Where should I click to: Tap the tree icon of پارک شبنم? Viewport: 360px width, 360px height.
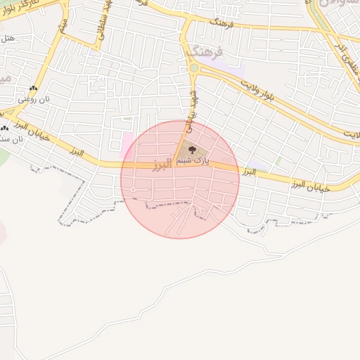tap(192, 148)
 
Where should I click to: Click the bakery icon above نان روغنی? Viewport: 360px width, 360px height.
tap(32, 89)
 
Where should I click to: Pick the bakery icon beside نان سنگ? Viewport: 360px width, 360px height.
tap(5, 128)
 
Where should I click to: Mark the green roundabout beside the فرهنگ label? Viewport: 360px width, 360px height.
tap(193, 68)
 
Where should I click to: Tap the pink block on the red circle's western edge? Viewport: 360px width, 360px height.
tap(127, 144)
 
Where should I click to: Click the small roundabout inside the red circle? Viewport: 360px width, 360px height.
tap(133, 190)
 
